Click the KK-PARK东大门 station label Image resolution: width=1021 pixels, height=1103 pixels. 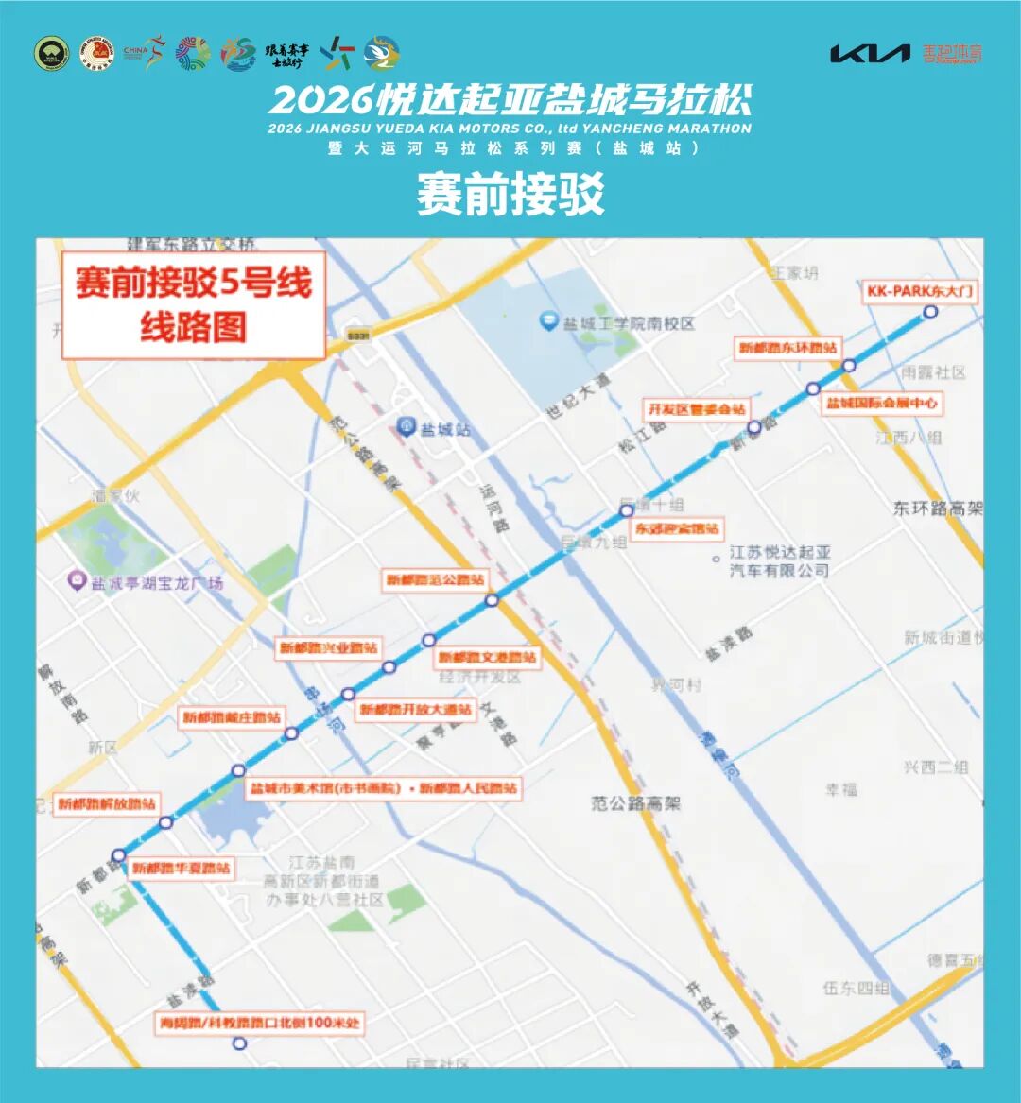click(919, 291)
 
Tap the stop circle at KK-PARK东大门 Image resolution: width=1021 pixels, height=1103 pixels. click(930, 312)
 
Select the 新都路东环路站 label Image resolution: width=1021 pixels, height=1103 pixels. click(787, 348)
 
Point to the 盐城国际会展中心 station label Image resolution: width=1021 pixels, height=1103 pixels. click(882, 403)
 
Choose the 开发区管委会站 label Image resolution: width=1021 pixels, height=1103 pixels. click(696, 409)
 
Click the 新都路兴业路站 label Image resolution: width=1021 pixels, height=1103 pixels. click(328, 648)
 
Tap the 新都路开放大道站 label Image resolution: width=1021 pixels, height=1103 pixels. click(415, 709)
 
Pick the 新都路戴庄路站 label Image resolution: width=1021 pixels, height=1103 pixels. click(233, 717)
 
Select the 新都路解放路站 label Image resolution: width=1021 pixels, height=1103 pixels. click(106, 804)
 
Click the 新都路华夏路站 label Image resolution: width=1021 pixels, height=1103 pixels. click(181, 868)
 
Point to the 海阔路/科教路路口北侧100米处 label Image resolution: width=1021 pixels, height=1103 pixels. click(259, 1023)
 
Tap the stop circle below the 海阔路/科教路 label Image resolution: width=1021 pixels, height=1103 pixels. click(239, 1043)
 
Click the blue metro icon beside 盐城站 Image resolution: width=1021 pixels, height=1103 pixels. click(407, 427)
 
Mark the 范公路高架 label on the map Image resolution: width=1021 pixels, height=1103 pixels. click(636, 803)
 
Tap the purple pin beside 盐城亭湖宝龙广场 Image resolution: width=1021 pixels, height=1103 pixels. click(77, 582)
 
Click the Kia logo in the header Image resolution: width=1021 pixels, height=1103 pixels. click(870, 53)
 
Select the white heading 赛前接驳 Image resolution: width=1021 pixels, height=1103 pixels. click(510, 196)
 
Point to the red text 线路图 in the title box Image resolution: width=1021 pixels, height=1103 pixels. click(193, 327)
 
